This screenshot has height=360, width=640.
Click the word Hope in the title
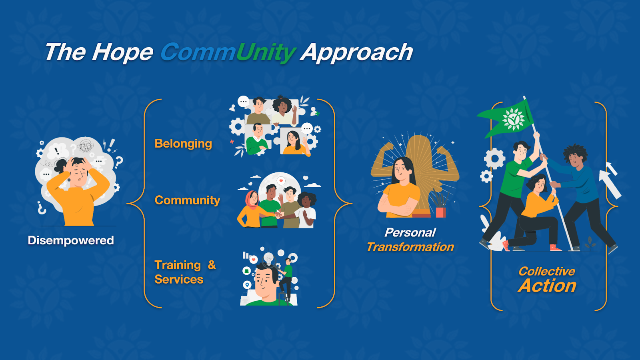tap(122, 52)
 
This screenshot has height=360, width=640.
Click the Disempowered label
tap(70, 240)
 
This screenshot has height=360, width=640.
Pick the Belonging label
tap(183, 144)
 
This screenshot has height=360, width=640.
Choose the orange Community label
tap(187, 200)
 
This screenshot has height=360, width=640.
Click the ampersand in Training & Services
tap(212, 265)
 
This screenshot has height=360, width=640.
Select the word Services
tap(179, 280)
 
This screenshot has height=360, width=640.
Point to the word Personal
tap(410, 232)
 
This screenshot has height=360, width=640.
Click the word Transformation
tap(410, 247)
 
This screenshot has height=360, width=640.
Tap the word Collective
tap(546, 272)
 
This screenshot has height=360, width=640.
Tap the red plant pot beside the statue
tap(440, 212)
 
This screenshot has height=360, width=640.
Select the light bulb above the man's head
tap(268, 258)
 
